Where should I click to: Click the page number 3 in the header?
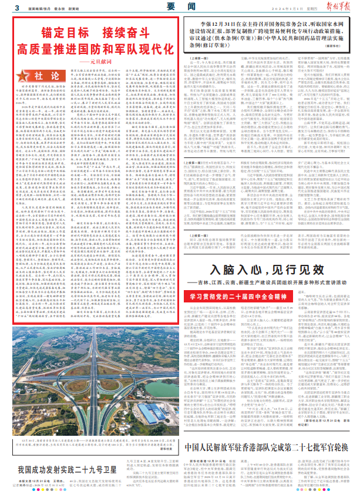coord(18,7)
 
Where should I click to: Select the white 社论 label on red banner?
coord(51,75)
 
